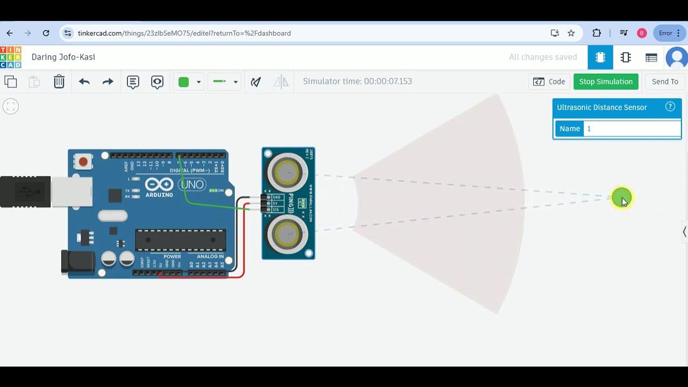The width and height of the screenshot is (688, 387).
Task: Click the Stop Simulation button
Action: pos(606,82)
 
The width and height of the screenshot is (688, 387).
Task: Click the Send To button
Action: pos(665,82)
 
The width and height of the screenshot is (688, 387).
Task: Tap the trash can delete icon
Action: pos(59,82)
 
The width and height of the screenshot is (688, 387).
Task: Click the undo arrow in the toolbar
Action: pos(84,82)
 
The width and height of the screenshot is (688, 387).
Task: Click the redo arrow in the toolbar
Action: pos(108,82)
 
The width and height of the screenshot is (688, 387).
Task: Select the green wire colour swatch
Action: pos(184,82)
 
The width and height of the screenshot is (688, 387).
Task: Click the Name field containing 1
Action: pos(632,128)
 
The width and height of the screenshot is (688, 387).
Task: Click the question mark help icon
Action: pos(670,106)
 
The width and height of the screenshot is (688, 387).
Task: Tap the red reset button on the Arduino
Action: pos(83,161)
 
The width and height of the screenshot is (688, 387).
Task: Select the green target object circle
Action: pos(621,198)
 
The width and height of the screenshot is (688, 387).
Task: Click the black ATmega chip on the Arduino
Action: pos(180,240)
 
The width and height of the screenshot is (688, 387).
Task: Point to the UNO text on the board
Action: pos(192,185)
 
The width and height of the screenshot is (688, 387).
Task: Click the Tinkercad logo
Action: pos(11,57)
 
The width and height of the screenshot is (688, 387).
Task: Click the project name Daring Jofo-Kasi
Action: pos(63,57)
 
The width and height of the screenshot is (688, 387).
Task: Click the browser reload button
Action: pos(46,33)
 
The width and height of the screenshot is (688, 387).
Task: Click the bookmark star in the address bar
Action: pos(571,33)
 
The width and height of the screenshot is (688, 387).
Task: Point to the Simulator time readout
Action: pos(357,82)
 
